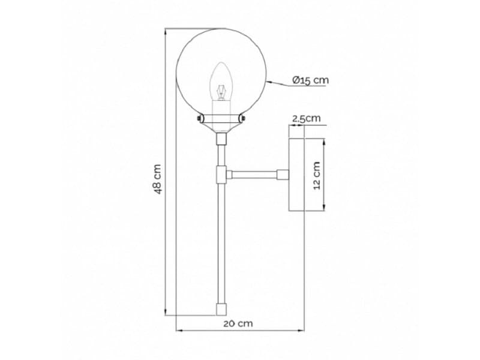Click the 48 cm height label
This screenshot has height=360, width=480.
(x=157, y=179)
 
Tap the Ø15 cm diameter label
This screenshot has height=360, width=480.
(x=310, y=80)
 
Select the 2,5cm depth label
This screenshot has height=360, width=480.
(x=306, y=118)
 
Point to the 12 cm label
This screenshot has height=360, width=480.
(x=317, y=175)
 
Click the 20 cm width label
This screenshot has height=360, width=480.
(x=238, y=323)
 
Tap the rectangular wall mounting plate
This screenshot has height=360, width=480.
(x=297, y=175)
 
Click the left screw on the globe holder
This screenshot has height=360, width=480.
(x=199, y=119)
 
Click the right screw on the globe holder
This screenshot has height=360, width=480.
(x=243, y=119)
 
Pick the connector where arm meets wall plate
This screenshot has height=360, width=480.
(x=282, y=175)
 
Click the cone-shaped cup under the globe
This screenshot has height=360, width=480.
(x=221, y=126)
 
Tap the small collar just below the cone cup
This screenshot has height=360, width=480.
(x=221, y=139)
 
